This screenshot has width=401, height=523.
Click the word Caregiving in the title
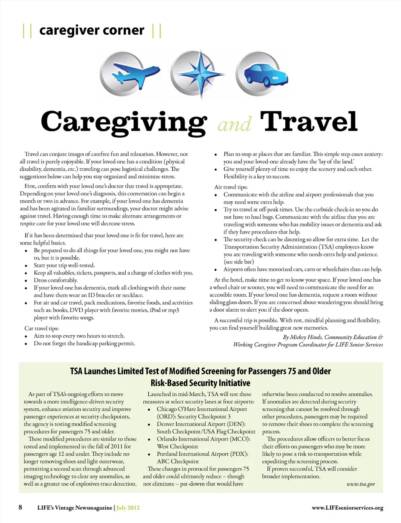tap(124, 122)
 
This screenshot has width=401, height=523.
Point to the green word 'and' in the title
tap(234, 124)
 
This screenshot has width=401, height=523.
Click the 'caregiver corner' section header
tap(91, 31)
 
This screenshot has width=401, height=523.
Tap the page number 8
tap(20, 507)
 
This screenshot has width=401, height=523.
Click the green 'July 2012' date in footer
tap(128, 508)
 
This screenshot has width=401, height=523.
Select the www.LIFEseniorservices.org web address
tap(347, 508)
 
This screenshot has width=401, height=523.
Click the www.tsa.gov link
tap(360, 484)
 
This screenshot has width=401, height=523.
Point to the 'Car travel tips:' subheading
tap(42, 328)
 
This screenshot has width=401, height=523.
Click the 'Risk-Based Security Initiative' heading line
tap(200, 383)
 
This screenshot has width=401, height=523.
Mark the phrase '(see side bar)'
tap(239, 262)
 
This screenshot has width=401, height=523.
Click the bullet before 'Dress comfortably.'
tap(26, 281)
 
